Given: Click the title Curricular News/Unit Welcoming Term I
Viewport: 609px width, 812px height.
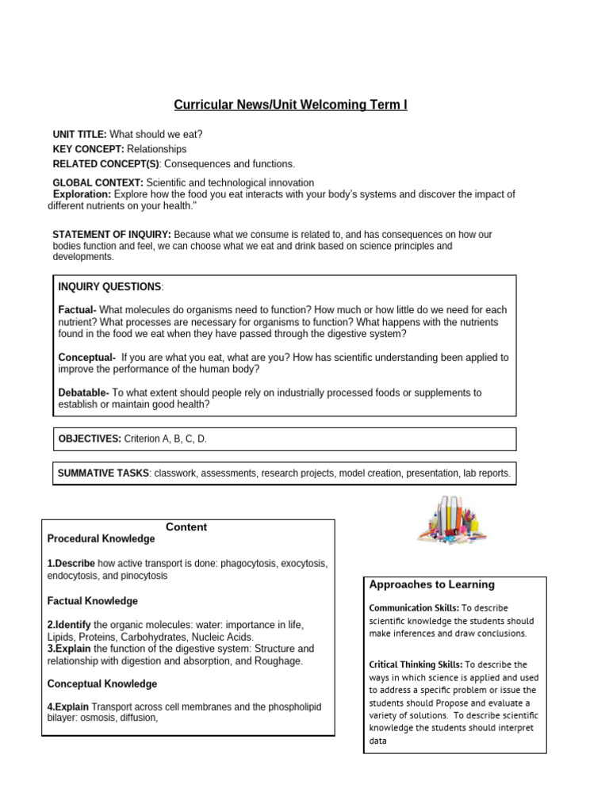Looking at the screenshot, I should tap(290, 105).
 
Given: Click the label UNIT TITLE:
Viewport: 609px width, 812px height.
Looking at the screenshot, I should tap(79, 135).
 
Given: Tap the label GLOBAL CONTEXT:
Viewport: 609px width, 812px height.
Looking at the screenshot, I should tap(98, 183).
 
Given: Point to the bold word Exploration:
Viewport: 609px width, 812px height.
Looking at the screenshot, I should tap(82, 194).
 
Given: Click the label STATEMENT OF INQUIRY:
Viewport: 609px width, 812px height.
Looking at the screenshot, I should tap(111, 235).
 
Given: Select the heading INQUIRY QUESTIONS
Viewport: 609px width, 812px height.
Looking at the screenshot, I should tap(109, 286).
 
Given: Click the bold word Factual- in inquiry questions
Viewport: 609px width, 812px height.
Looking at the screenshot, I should tap(78, 310).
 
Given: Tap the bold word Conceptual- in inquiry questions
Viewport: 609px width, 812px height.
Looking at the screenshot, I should tap(87, 358).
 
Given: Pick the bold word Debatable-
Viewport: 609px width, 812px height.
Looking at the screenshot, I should tap(84, 393).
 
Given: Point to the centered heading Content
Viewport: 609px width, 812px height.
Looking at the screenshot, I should tap(187, 527).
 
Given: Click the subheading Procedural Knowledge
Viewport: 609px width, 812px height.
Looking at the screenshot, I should tap(101, 539).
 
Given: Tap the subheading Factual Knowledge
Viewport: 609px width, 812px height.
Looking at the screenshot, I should tap(93, 601).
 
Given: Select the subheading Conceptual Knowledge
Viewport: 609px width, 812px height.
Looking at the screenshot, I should tap(102, 684).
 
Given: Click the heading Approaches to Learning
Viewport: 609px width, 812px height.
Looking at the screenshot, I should tap(431, 584).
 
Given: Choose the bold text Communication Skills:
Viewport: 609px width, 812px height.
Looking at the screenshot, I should tap(412, 608).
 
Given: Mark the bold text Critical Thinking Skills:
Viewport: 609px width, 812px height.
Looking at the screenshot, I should tap(416, 665).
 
